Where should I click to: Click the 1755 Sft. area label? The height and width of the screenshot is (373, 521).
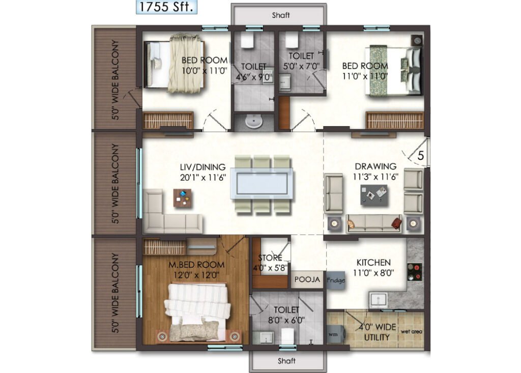pyautogui.click(x=166, y=7)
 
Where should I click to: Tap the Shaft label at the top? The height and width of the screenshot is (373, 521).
pyautogui.click(x=281, y=15)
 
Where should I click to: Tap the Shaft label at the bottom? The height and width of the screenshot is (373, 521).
pyautogui.click(x=286, y=361)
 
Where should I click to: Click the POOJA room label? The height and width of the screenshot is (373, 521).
pyautogui.click(x=307, y=279)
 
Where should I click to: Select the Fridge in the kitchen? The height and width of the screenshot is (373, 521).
pyautogui.click(x=336, y=280)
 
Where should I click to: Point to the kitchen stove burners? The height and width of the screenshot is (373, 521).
pyautogui.click(x=414, y=272)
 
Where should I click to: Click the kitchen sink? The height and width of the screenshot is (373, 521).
pyautogui.click(x=378, y=300)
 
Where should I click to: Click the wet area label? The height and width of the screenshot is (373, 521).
pyautogui.click(x=411, y=331)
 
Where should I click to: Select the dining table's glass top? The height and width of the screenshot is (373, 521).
pyautogui.click(x=262, y=184)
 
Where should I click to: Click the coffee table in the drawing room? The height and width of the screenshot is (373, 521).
pyautogui.click(x=374, y=195)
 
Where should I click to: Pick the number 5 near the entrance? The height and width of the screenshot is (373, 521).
pyautogui.click(x=421, y=156)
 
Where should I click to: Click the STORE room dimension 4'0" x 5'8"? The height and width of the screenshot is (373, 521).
pyautogui.click(x=270, y=268)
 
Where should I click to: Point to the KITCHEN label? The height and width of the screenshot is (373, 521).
pyautogui.click(x=373, y=263)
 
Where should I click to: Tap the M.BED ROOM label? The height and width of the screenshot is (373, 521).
pyautogui.click(x=196, y=265)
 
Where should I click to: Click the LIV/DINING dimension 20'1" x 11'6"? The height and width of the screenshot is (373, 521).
pyautogui.click(x=203, y=178)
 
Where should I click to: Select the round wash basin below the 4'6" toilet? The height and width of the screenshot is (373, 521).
pyautogui.click(x=254, y=121)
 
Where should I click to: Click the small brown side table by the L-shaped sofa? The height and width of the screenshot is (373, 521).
pyautogui.click(x=183, y=198)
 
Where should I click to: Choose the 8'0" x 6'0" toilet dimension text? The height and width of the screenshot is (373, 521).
pyautogui.click(x=286, y=321)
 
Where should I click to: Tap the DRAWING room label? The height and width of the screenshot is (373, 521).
pyautogui.click(x=375, y=166)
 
